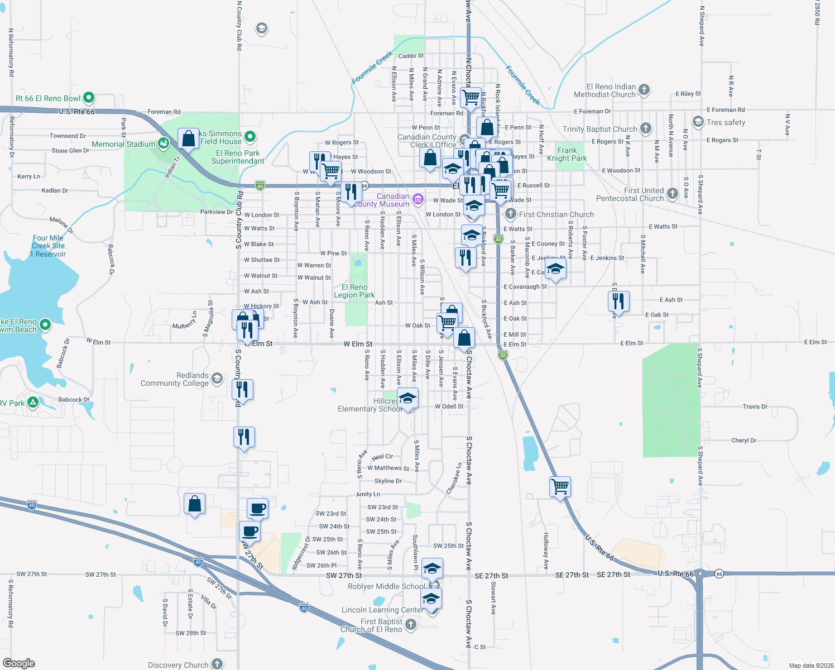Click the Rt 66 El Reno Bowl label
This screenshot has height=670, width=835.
[x=48, y=98]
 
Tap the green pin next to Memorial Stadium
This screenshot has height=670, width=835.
[x=164, y=144]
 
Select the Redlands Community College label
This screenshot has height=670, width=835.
[x=174, y=379]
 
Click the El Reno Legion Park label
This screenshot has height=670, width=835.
[x=354, y=291]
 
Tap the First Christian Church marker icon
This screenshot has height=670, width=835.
[x=510, y=214]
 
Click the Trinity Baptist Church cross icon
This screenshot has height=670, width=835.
[x=646, y=128]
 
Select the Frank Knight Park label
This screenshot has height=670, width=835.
[x=567, y=154]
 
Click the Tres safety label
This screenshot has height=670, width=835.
[x=726, y=122]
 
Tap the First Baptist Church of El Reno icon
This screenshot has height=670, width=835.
[x=411, y=624]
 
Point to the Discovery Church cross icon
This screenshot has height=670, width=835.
[x=217, y=664]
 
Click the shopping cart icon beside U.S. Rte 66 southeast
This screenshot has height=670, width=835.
[x=560, y=486]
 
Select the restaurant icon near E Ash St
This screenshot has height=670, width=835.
[x=618, y=301]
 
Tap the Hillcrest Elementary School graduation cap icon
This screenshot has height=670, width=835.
[x=408, y=399]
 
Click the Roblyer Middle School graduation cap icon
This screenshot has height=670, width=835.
[x=432, y=568]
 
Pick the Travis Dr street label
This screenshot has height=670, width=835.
[x=755, y=406]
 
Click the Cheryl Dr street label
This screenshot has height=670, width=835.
[x=743, y=441]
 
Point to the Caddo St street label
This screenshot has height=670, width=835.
[x=411, y=56]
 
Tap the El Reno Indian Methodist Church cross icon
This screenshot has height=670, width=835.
[x=644, y=89]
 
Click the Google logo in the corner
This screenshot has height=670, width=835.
[x=19, y=663]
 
